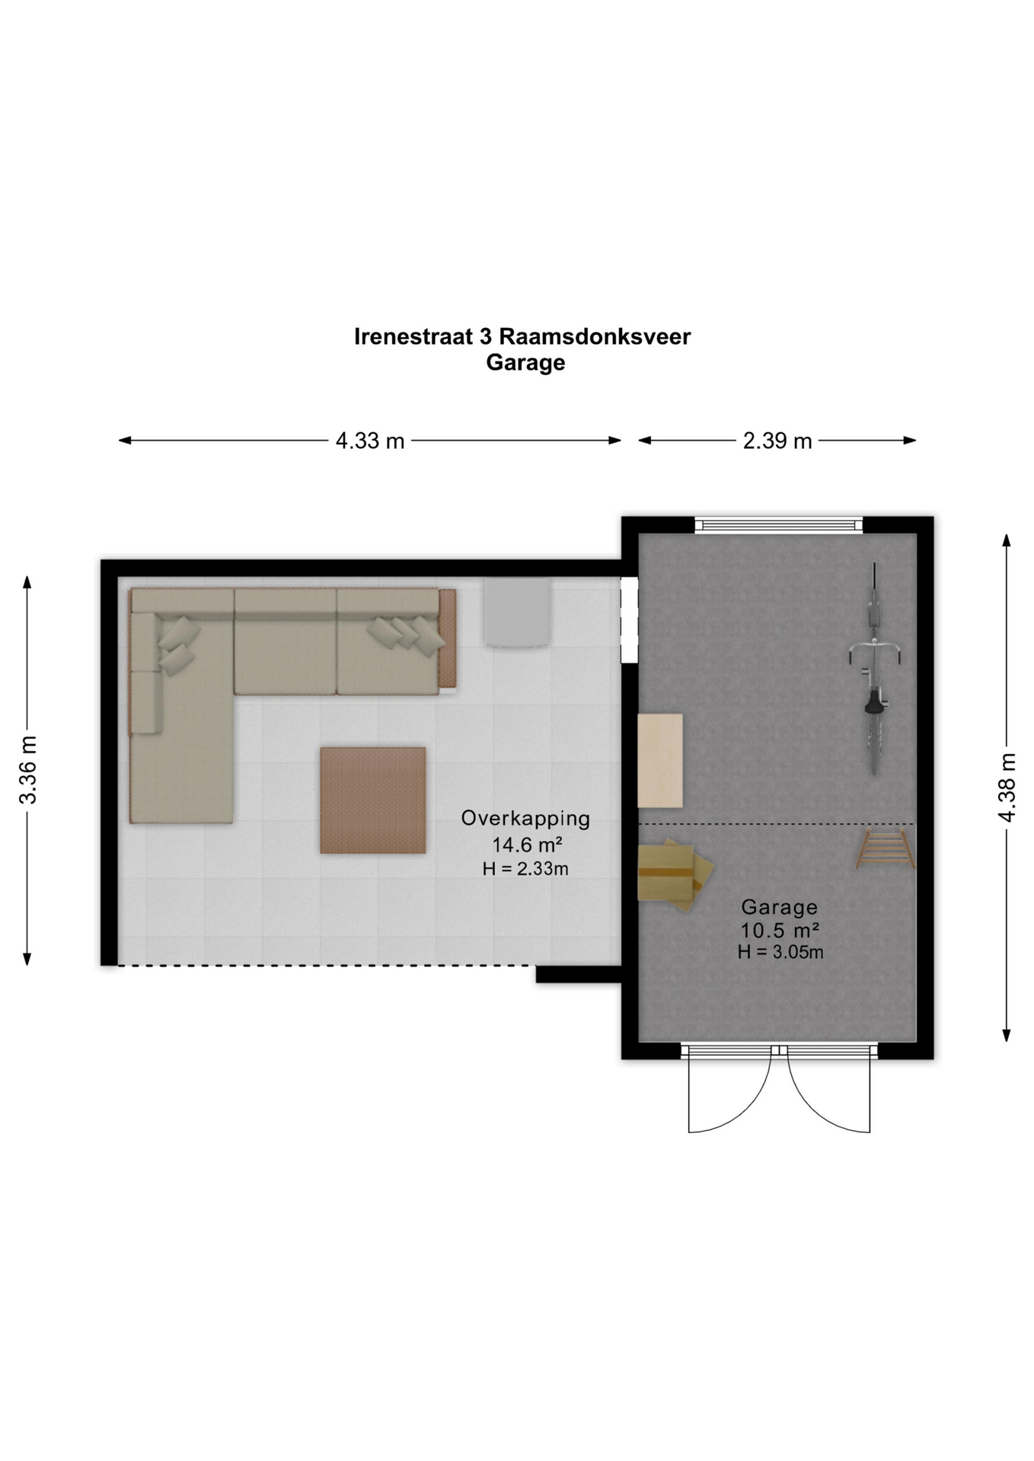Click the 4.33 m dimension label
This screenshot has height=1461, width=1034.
[370, 441]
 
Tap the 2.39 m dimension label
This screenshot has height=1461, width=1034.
[777, 441]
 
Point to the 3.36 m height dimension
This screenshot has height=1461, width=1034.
[28, 770]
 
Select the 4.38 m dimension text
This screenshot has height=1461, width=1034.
[1007, 788]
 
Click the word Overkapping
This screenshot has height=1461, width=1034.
[525, 819]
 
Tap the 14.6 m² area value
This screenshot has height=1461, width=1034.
[527, 845]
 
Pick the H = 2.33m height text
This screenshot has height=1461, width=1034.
[525, 868]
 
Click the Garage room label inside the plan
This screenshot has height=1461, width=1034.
[780, 907]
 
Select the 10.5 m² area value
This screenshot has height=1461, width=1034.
[780, 930]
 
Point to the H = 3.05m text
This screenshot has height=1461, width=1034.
[780, 952]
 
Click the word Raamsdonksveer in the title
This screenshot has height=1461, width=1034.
[595, 336]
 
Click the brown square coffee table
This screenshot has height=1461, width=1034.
[373, 800]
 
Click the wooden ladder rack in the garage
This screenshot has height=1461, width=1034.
[886, 849]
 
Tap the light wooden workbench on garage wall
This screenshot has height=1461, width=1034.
[660, 760]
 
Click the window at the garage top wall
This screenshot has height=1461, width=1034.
[779, 525]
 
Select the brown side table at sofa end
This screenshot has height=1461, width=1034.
[448, 638]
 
